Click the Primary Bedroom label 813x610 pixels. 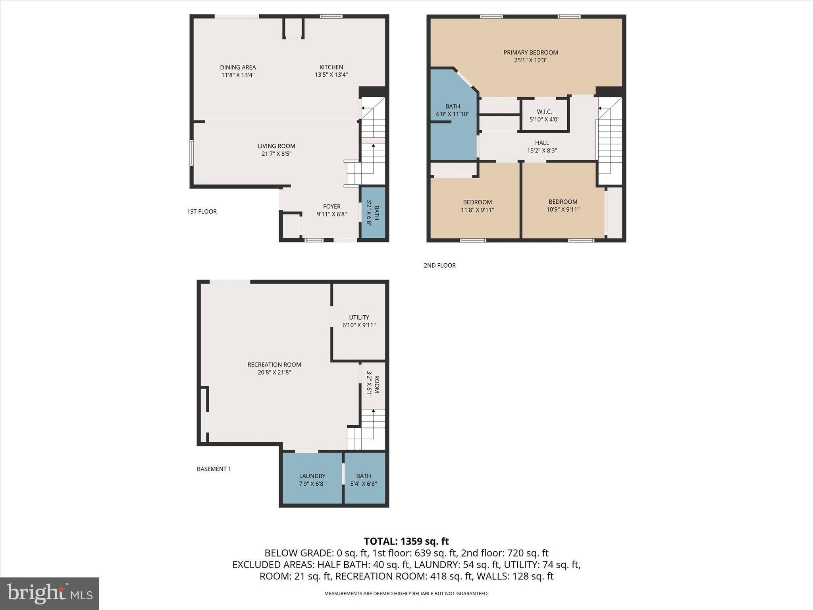(530, 52)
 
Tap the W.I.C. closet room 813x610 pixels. (544, 116)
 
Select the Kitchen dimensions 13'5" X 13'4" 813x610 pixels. (331, 75)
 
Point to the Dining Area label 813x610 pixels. (238, 67)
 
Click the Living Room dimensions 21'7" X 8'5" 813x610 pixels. (276, 154)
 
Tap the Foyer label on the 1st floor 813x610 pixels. (331, 207)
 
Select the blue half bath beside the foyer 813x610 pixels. (373, 213)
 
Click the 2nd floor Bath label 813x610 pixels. (453, 106)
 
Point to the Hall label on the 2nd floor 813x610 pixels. (541, 143)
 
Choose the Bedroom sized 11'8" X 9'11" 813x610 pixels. (477, 206)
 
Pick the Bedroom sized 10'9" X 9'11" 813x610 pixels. (563, 205)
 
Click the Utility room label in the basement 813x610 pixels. (359, 317)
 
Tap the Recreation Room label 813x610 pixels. (274, 365)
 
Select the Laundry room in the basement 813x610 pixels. (312, 479)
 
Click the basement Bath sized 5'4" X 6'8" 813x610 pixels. (363, 479)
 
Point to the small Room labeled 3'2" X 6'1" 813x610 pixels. (373, 384)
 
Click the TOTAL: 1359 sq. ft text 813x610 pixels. (406, 541)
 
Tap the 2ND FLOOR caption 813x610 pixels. (439, 265)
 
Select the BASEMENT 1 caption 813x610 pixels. (214, 469)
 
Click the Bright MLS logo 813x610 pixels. (50, 594)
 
